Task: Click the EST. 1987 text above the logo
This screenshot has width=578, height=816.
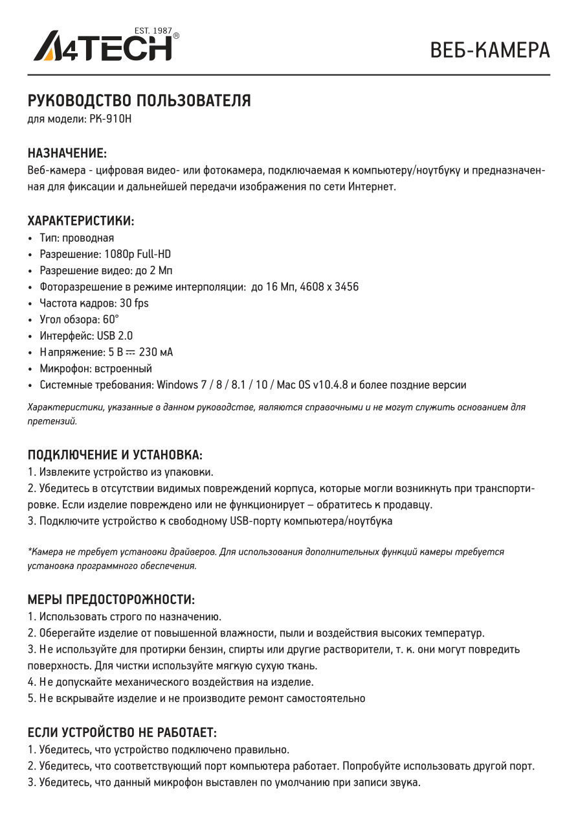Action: pyautogui.click(x=152, y=30)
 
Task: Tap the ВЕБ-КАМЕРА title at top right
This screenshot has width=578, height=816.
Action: pyautogui.click(x=490, y=50)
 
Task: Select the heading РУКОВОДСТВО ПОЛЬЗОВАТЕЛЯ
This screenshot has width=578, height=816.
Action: pyautogui.click(x=139, y=101)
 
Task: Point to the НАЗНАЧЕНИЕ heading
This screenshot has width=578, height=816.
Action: pyautogui.click(x=67, y=153)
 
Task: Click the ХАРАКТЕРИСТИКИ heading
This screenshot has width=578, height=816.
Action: pyautogui.click(x=81, y=221)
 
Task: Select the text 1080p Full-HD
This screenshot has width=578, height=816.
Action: pyautogui.click(x=137, y=254)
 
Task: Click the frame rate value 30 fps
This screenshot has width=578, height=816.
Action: pyautogui.click(x=134, y=303)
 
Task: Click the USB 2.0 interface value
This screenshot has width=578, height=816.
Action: pyautogui.click(x=115, y=336)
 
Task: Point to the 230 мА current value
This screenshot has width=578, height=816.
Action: pyautogui.click(x=156, y=353)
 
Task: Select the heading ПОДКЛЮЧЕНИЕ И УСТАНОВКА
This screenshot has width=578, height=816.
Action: pyautogui.click(x=115, y=454)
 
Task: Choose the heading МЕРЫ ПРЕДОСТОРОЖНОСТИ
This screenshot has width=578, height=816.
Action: pyautogui.click(x=111, y=599)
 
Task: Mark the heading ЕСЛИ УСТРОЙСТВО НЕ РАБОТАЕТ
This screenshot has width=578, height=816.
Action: pyautogui.click(x=122, y=732)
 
